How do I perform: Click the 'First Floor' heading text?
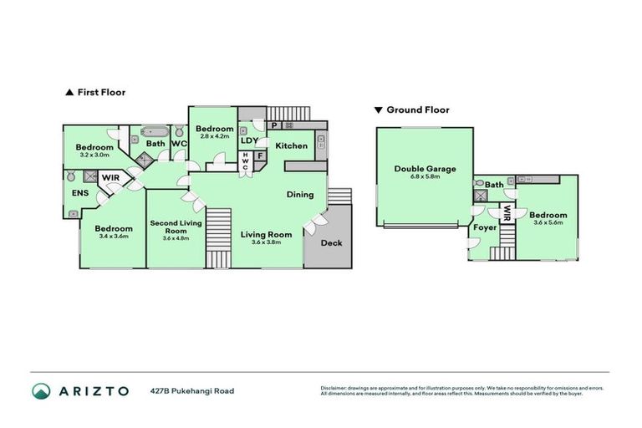click(x=101, y=93)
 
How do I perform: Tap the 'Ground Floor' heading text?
click(x=417, y=110)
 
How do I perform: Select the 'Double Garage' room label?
click(x=425, y=169)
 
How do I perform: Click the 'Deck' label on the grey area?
click(x=332, y=243)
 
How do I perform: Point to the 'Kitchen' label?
click(x=292, y=146)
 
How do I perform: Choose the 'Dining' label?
click(x=300, y=195)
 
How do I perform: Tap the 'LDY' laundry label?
click(x=249, y=140)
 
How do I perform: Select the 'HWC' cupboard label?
click(x=246, y=162)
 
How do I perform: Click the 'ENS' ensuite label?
click(x=80, y=194)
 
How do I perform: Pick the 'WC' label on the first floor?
click(x=179, y=144)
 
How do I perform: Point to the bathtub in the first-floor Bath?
click(x=155, y=131)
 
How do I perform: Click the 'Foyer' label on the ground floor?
click(x=485, y=227)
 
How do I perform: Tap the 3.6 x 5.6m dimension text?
click(x=548, y=222)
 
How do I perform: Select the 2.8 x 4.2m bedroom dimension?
click(x=214, y=138)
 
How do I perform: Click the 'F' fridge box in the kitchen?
click(x=260, y=155)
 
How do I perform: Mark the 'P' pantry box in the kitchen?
click(x=274, y=126)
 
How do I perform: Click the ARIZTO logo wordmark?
click(x=94, y=390)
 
